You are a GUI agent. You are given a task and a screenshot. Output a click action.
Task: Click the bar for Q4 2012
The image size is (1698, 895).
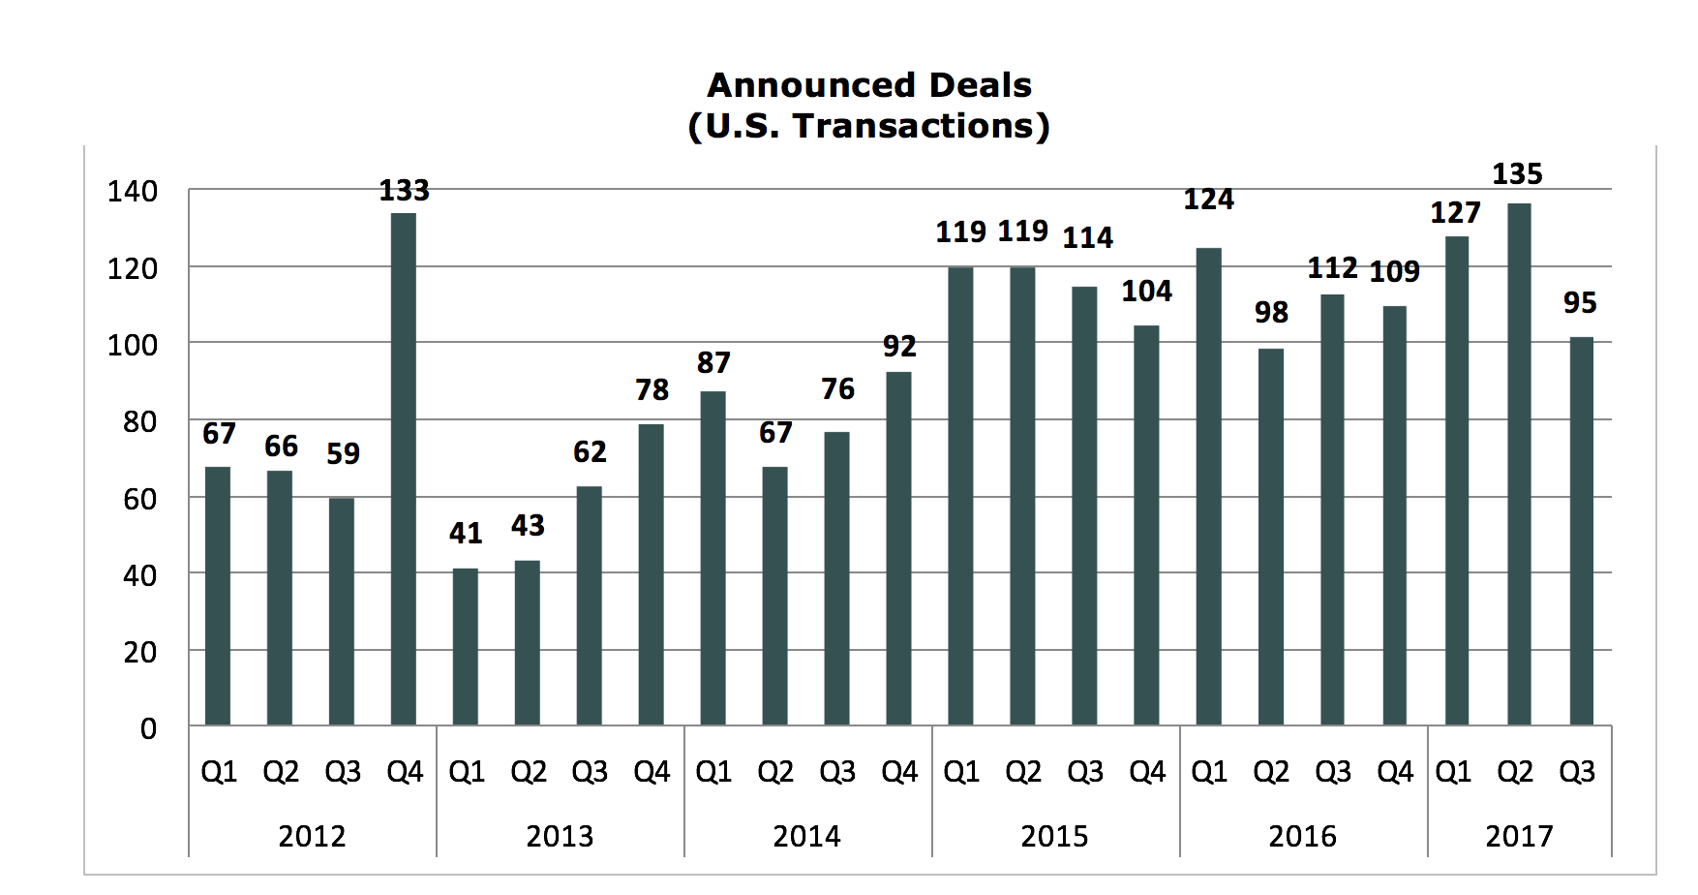404,469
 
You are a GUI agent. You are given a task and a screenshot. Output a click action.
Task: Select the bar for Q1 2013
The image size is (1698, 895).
466,646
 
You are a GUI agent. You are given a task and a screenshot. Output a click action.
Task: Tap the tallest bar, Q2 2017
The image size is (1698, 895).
1519,464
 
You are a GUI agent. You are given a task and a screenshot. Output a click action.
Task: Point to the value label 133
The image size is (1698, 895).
404,191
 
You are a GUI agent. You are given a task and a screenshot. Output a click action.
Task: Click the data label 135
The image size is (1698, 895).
1517,174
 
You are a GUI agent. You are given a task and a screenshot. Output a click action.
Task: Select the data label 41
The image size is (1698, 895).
466,533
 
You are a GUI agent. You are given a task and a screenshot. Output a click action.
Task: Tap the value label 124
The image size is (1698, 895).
1209,200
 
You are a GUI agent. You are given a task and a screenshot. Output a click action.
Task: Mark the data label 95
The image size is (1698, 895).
1580,303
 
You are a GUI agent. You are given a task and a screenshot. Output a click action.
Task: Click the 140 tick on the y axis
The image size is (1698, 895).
133,192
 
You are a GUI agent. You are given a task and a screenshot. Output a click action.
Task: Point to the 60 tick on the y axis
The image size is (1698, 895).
140,499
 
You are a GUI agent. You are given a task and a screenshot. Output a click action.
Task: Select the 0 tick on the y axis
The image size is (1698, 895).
148,728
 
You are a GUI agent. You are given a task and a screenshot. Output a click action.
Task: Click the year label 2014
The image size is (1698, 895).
806,836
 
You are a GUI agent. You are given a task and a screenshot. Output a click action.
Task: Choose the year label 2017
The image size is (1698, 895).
1519,836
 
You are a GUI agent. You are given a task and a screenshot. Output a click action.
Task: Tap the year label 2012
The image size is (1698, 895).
312,836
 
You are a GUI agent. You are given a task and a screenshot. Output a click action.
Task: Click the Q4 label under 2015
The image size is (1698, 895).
1147,772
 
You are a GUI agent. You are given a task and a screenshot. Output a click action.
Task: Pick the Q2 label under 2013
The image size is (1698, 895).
529,772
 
